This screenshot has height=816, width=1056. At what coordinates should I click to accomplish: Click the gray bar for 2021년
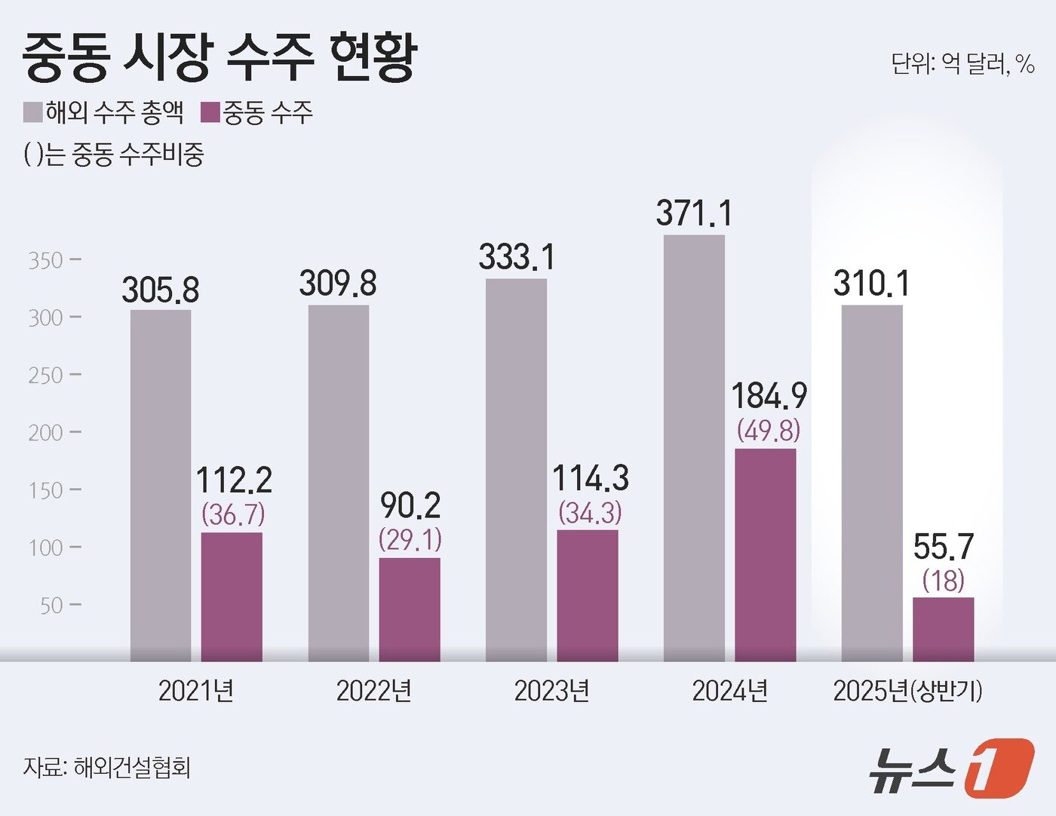pyautogui.click(x=161, y=486)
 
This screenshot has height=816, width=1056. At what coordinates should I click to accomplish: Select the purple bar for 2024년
pyautogui.click(x=766, y=555)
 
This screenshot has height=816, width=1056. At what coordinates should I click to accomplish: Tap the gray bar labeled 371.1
pyautogui.click(x=694, y=448)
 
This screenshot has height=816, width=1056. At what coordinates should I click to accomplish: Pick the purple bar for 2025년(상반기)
pyautogui.click(x=943, y=630)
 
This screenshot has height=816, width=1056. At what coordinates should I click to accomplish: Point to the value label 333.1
pyautogui.click(x=517, y=257)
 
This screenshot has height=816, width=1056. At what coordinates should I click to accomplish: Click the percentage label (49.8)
pyautogui.click(x=769, y=431)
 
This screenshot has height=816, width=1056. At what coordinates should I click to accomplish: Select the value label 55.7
pyautogui.click(x=944, y=547)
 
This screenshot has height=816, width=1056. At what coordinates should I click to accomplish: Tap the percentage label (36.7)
pyautogui.click(x=233, y=514)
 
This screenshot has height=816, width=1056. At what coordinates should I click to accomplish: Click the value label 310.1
pyautogui.click(x=871, y=284)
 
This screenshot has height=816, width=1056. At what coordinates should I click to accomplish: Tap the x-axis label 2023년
pyautogui.click(x=551, y=691)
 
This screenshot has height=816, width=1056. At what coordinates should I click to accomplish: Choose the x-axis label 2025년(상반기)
pyautogui.click(x=907, y=691)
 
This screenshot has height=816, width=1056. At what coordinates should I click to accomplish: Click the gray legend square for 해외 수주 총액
pyautogui.click(x=32, y=113)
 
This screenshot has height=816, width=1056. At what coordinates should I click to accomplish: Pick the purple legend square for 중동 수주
pyautogui.click(x=210, y=113)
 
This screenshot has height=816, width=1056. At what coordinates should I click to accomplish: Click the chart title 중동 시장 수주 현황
pyautogui.click(x=219, y=58)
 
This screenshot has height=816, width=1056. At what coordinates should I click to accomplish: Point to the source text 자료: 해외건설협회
pyautogui.click(x=106, y=767)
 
